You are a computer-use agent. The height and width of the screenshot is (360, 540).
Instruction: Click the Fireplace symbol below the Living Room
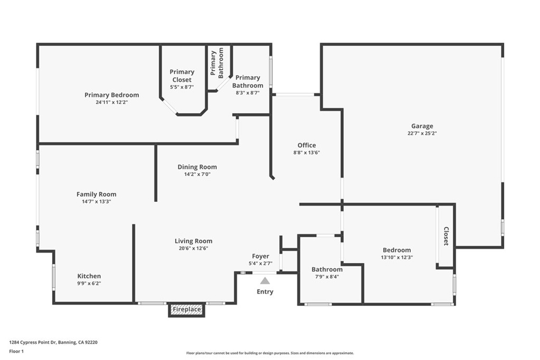(x=186, y=310)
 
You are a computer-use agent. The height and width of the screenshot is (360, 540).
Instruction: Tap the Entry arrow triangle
(x=265, y=281)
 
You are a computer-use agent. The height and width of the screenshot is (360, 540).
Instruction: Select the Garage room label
(x=422, y=126)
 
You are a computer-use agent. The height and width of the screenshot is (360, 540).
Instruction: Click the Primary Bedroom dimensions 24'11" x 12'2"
(x=112, y=102)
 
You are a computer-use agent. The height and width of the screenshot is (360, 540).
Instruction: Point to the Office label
(x=306, y=145)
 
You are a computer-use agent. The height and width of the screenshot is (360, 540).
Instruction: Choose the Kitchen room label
(x=89, y=276)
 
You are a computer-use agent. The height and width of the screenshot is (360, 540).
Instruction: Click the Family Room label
(x=97, y=194)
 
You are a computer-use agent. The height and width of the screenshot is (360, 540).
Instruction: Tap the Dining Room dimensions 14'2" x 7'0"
(x=197, y=174)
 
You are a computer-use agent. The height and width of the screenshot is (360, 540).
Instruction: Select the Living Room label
(x=194, y=241)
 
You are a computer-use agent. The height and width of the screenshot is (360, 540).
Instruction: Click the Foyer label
(x=261, y=257)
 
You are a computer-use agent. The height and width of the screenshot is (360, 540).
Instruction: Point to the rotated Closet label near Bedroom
(x=446, y=236)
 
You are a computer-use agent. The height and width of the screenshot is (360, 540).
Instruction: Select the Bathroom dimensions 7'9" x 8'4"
(x=327, y=276)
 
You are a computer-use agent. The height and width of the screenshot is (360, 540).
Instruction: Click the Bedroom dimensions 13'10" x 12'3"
(x=397, y=257)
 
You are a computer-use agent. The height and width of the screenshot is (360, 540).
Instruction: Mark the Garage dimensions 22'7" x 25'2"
(x=422, y=133)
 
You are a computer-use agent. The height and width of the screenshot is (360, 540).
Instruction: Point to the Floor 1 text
(x=16, y=351)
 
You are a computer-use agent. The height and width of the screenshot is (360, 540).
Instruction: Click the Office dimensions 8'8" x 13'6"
(x=306, y=152)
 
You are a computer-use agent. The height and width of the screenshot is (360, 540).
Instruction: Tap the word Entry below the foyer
(x=265, y=291)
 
